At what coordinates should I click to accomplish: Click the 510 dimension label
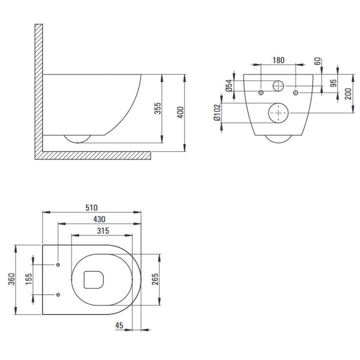pos(91,207)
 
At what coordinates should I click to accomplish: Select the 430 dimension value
pos(99,219)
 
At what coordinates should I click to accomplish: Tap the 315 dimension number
pos(103,230)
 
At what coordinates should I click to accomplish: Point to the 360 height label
pos(11,279)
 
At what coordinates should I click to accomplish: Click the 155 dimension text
pos(28,279)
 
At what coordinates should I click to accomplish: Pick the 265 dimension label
pos(155,279)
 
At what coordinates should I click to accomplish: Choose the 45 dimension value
pos(119,325)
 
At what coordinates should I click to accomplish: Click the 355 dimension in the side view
pos(157,108)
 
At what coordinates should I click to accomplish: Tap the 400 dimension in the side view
pos(180,112)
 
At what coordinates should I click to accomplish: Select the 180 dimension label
pos(278,60)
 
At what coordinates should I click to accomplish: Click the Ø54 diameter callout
pos(229,85)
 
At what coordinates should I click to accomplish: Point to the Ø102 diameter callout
pos(217,112)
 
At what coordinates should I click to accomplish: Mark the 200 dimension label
pos(348,93)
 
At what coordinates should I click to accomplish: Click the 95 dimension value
pos(334,83)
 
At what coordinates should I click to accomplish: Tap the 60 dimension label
pos(317,61)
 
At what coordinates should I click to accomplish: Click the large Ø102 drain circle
pos(278,113)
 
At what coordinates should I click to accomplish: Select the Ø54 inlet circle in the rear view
pos(278,86)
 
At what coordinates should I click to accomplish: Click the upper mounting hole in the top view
pos(58,264)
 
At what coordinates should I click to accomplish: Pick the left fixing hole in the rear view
pos(261,93)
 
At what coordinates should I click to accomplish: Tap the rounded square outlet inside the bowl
pos(93,279)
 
